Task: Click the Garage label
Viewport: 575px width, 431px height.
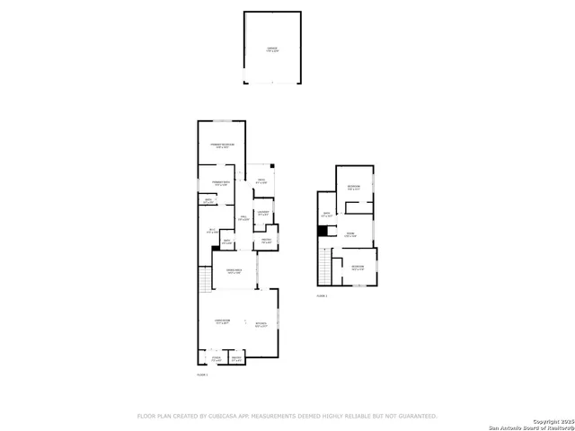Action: coord(271,49)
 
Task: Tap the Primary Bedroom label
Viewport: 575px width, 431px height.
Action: coord(222,145)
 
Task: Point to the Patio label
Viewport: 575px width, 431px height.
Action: coord(261,181)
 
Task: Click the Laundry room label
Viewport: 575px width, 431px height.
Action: coord(264,215)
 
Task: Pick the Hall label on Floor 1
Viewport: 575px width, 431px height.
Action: coord(243,218)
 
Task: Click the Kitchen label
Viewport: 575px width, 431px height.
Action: coord(261,324)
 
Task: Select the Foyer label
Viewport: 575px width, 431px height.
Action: coord(216,358)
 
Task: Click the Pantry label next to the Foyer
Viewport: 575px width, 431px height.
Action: coord(236,359)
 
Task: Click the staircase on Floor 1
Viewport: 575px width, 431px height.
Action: coord(206,283)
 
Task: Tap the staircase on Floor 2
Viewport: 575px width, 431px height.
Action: coord(323,264)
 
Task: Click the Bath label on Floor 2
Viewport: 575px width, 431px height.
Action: coord(327,215)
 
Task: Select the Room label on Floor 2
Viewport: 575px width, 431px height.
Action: coord(351,235)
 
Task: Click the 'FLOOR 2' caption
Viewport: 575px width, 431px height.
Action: coord(322,295)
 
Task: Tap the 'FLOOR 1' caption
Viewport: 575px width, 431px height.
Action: coord(202,374)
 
